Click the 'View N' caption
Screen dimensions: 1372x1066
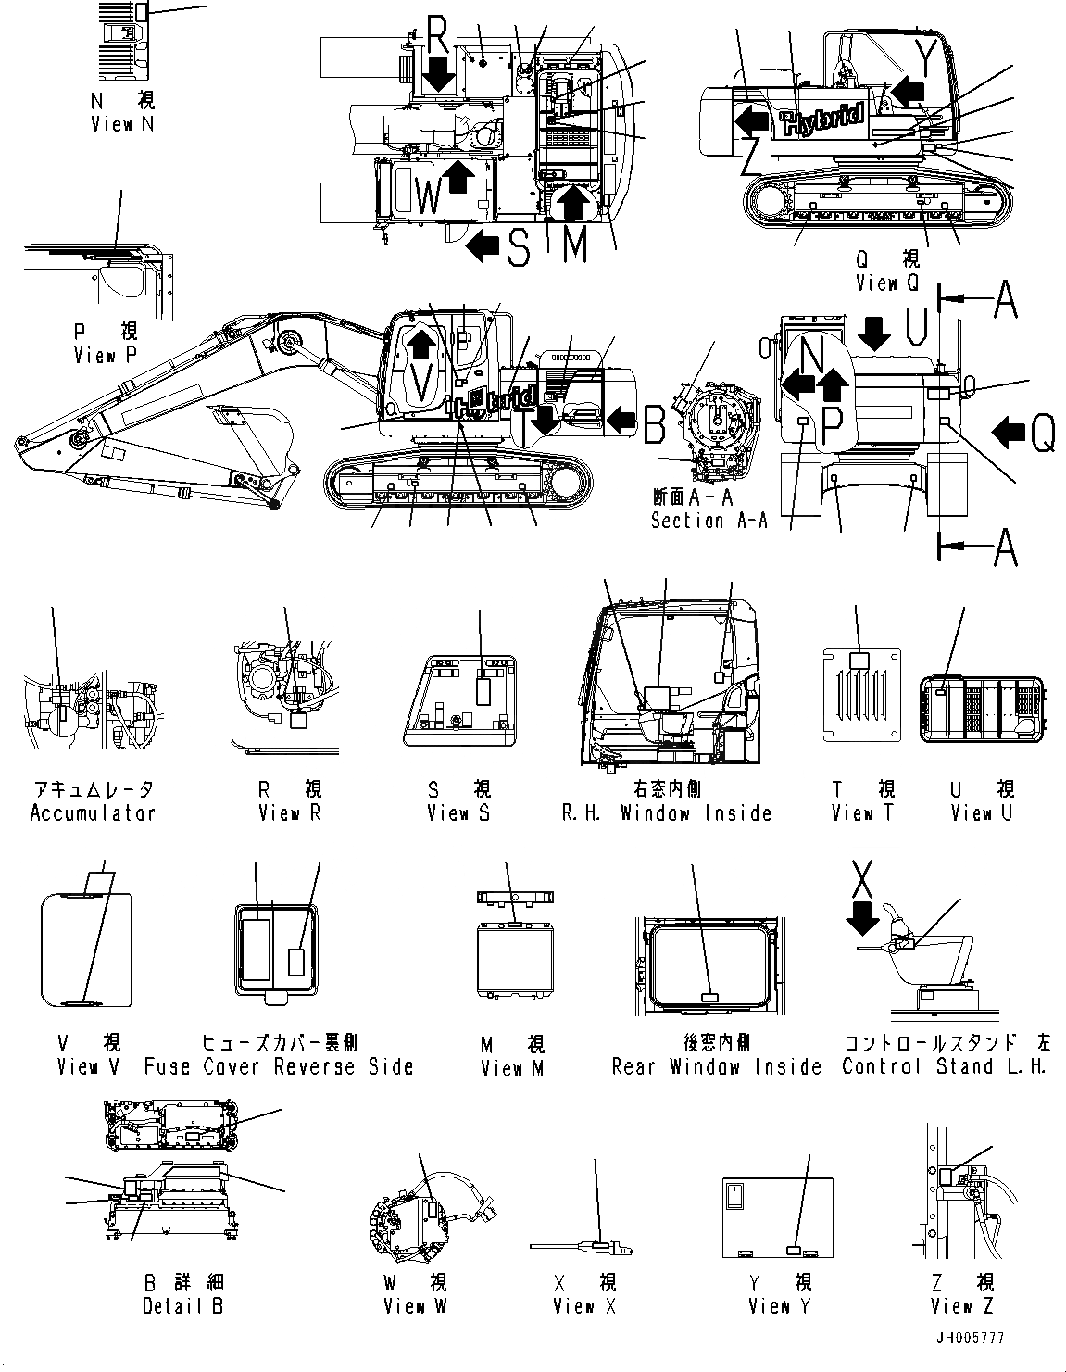pyautogui.click(x=121, y=123)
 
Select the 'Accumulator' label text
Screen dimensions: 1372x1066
pyautogui.click(x=93, y=813)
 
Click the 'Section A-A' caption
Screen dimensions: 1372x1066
pyautogui.click(x=709, y=521)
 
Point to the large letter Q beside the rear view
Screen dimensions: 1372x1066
pyautogui.click(x=1042, y=432)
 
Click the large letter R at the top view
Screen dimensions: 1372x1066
pyautogui.click(x=438, y=37)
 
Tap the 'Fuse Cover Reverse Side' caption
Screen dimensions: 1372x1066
pyautogui.click(x=279, y=1066)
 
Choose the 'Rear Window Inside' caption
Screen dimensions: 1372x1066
pyautogui.click(x=716, y=1067)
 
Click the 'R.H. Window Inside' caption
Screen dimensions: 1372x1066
pyautogui.click(x=667, y=813)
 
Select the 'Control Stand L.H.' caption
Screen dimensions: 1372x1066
pyautogui.click(x=944, y=1066)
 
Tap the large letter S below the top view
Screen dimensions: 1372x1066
pyautogui.click(x=519, y=247)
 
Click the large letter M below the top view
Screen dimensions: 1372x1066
pyautogui.click(x=575, y=245)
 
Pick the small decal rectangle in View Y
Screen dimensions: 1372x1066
pyautogui.click(x=793, y=1250)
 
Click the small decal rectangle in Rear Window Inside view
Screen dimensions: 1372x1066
pyautogui.click(x=709, y=997)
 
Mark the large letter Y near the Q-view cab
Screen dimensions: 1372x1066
pyautogui.click(x=925, y=57)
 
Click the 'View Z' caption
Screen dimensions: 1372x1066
pyautogui.click(x=963, y=1306)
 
